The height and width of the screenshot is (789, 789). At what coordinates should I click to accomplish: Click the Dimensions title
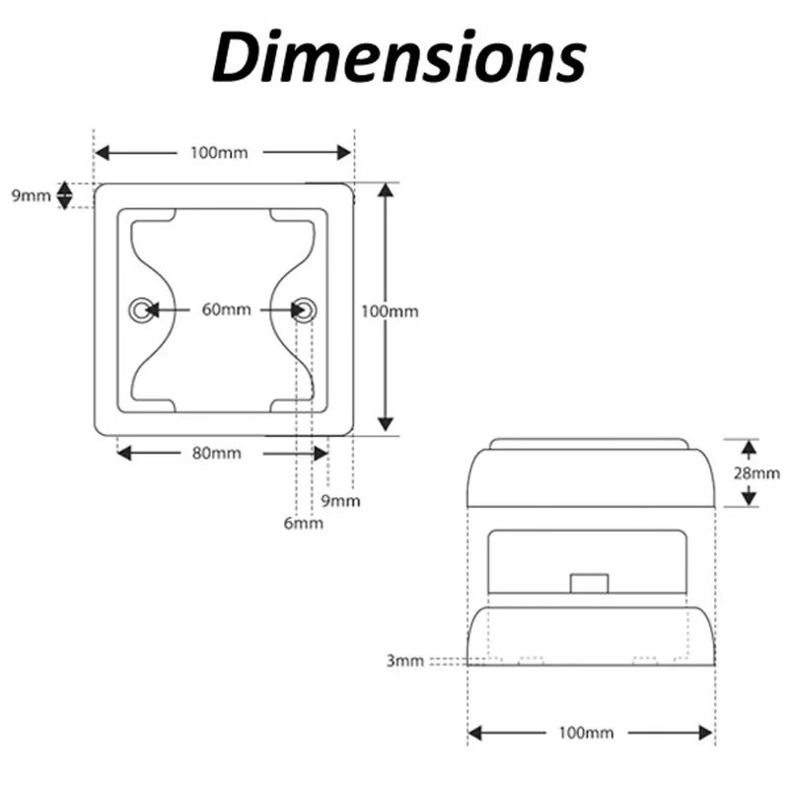(x=399, y=56)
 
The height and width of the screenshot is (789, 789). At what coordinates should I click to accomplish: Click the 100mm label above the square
(x=219, y=153)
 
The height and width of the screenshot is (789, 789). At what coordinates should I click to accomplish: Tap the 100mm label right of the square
(x=390, y=312)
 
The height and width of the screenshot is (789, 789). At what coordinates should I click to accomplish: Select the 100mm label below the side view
(x=586, y=733)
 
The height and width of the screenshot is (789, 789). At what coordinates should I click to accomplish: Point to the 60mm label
(x=227, y=310)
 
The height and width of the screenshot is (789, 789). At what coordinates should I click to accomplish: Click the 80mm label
(x=217, y=454)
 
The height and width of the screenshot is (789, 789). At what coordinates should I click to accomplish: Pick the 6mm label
(x=304, y=524)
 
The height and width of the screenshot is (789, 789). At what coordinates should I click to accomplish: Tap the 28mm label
(x=756, y=473)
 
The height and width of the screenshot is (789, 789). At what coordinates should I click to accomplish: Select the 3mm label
(x=405, y=661)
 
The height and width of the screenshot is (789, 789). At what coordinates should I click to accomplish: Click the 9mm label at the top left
(x=32, y=195)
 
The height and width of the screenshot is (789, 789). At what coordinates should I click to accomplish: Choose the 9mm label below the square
(x=340, y=501)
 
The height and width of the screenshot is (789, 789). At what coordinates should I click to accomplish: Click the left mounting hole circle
(x=141, y=310)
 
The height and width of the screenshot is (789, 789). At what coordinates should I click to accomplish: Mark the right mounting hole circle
(x=305, y=310)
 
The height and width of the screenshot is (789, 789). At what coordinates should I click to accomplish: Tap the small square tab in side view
(x=589, y=584)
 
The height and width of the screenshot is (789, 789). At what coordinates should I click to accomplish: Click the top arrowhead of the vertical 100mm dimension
(x=386, y=189)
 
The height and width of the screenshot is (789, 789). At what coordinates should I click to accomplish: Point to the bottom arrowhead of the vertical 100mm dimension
(x=386, y=425)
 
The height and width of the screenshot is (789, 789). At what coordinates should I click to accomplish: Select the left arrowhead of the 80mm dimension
(x=124, y=454)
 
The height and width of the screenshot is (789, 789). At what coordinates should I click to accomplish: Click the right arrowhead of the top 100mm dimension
(x=344, y=153)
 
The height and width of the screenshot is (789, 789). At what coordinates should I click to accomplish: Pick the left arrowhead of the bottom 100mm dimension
(x=475, y=733)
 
